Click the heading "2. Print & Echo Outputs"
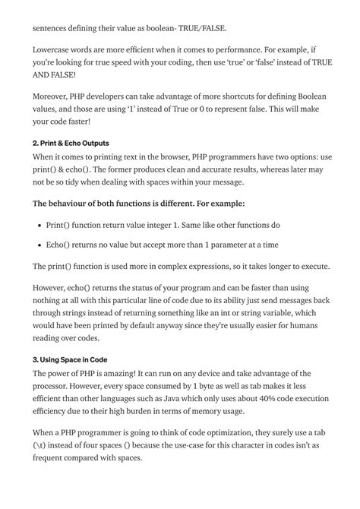pos(71,143)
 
